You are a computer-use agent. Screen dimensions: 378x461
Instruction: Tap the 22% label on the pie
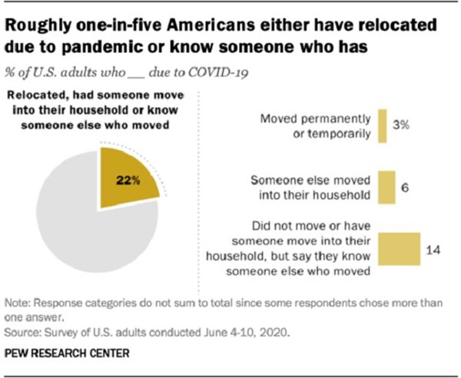point(128,182)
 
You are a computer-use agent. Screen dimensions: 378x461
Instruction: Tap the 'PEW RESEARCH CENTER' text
point(67,353)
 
